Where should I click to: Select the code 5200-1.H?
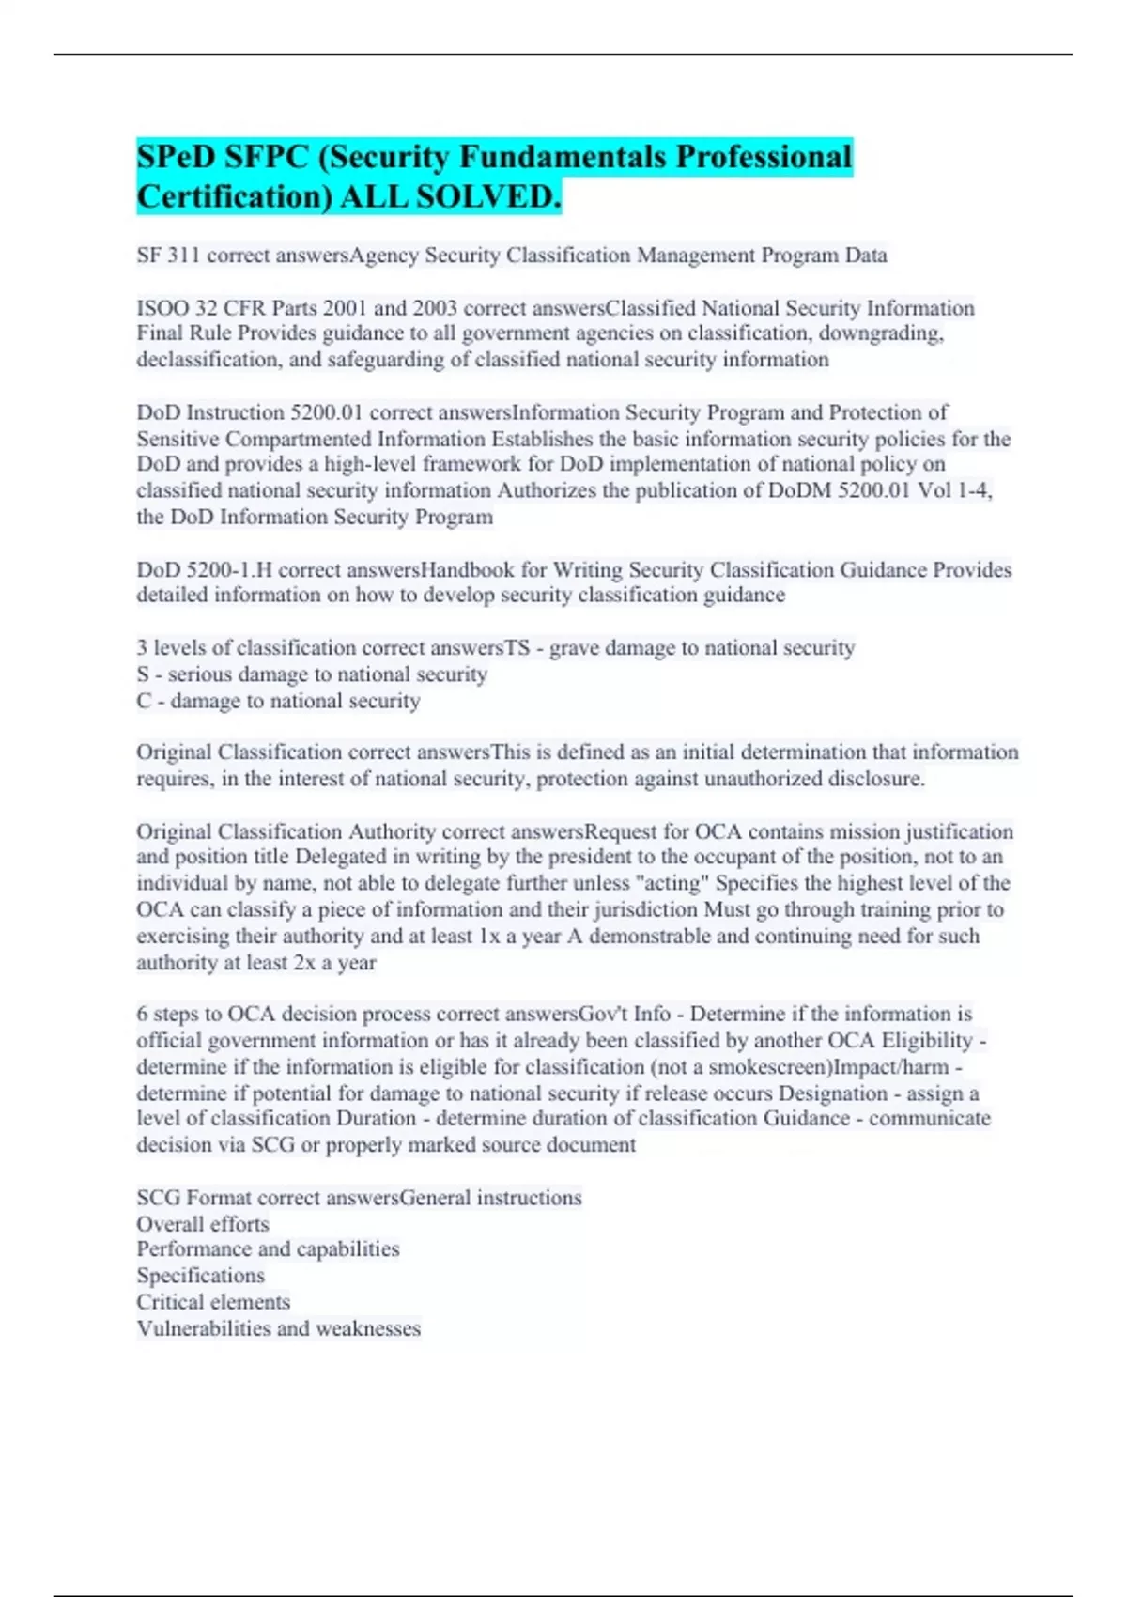tap(226, 569)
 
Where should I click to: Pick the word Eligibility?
tap(926, 1041)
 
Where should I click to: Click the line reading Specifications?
tap(200, 1276)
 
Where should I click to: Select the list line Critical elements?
tap(213, 1302)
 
